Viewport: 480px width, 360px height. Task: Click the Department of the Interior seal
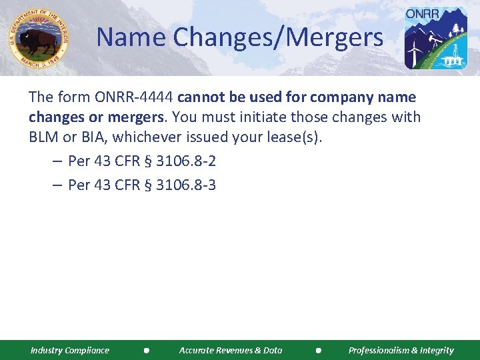coord(39,38)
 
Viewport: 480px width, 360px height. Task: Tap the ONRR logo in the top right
coord(437,38)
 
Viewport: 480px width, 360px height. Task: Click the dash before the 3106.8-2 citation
coord(57,162)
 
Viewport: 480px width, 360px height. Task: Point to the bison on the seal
coord(39,41)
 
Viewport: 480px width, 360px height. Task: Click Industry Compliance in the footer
coord(70,350)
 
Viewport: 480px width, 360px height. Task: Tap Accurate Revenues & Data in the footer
coord(231,350)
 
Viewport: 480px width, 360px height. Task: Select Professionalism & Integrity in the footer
coord(401,350)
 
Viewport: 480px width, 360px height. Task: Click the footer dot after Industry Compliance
coord(145,350)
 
